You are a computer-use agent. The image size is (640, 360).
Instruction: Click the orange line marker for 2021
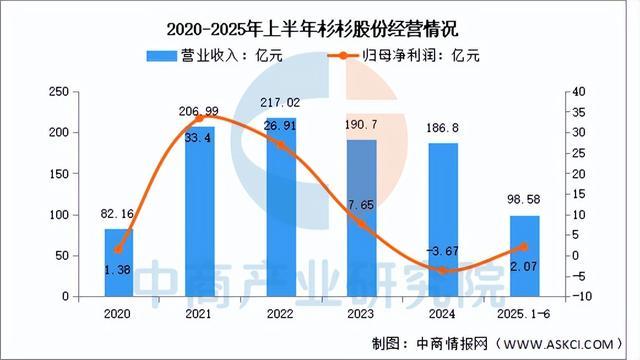pyautogui.click(x=198, y=118)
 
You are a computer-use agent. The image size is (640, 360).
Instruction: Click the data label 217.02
pyautogui.click(x=279, y=102)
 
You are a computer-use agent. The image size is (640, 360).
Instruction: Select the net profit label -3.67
pyautogui.click(x=442, y=250)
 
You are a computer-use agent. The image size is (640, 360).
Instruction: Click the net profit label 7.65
pyautogui.click(x=361, y=204)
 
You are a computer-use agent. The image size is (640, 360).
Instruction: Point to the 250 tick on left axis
pyautogui.click(x=60, y=92)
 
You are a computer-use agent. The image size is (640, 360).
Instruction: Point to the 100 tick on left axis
pyautogui.click(x=60, y=215)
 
